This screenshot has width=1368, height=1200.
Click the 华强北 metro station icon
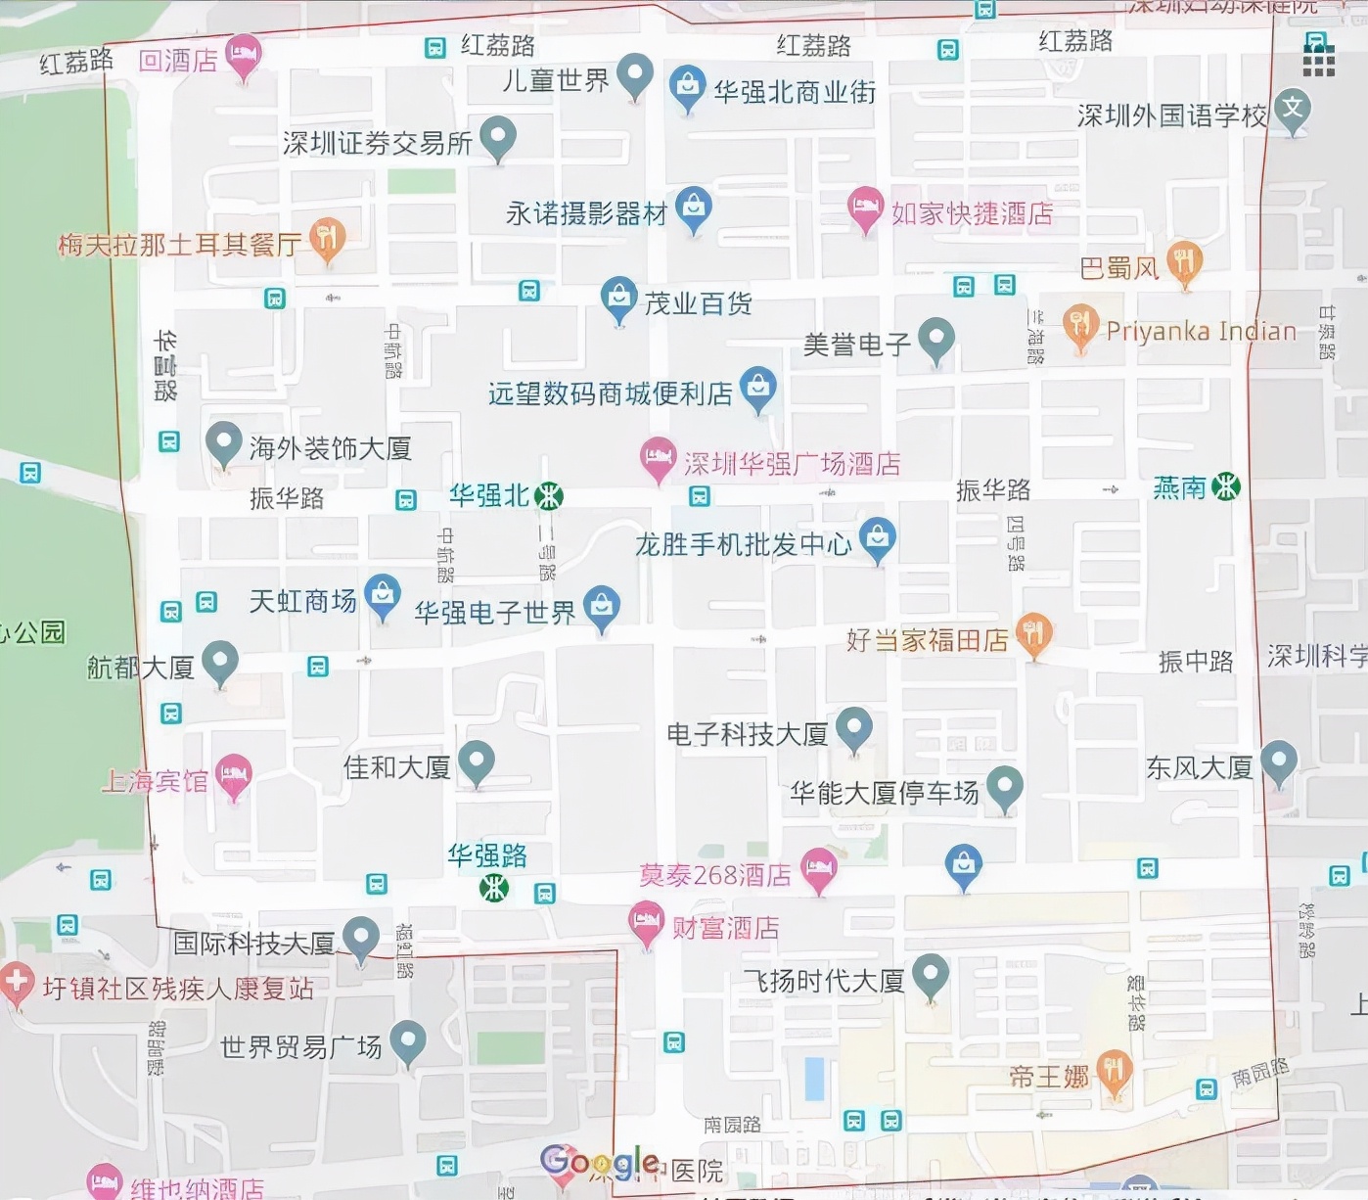pos(549,496)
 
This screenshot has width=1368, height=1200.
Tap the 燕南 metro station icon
pos(1225,486)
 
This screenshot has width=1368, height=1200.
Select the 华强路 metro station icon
pos(494,888)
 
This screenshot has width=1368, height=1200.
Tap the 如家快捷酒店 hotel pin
pos(864,208)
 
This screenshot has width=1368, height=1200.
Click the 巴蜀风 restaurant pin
pos(1184,262)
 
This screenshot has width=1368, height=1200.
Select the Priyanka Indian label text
pos(1201,331)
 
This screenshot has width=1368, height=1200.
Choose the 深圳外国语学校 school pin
pos(1293,109)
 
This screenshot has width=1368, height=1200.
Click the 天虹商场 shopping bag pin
pos(383,595)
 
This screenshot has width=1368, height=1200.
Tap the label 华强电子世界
pos(495,613)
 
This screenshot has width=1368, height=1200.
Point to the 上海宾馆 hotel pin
pos(234,775)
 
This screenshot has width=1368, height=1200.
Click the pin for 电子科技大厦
pos(854,728)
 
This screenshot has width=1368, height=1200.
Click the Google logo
pos(599,1162)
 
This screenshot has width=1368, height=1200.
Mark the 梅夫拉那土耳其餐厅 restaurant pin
pos(327,237)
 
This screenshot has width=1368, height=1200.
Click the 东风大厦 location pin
pos(1278,762)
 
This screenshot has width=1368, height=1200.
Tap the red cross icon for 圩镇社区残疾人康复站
pos(15,983)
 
